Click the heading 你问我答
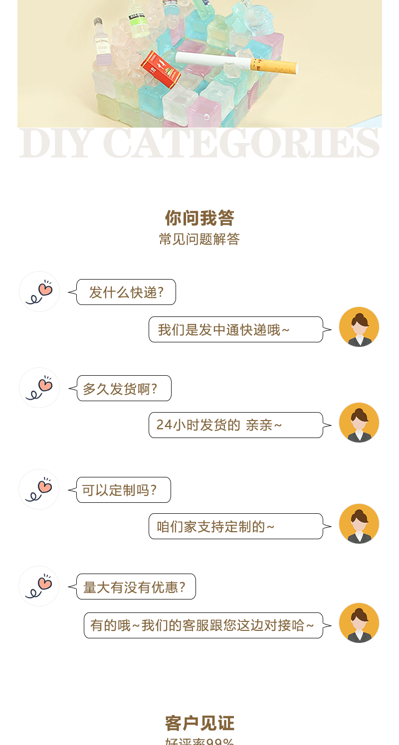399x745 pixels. pyautogui.click(x=199, y=218)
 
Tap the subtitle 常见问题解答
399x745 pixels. pyautogui.click(x=199, y=239)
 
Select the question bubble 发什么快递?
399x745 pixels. pyautogui.click(x=126, y=292)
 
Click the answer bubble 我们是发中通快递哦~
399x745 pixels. pyautogui.click(x=236, y=329)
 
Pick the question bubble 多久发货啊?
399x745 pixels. pyautogui.click(x=124, y=388)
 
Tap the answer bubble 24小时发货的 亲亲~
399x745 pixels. pyautogui.click(x=236, y=425)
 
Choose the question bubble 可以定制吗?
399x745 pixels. pyautogui.click(x=123, y=490)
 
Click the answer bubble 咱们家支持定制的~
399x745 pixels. pyautogui.click(x=236, y=526)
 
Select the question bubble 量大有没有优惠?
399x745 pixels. pyautogui.click(x=136, y=587)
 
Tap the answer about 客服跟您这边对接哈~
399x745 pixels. pyautogui.click(x=203, y=625)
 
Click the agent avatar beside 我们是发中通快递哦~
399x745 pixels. pyautogui.click(x=359, y=327)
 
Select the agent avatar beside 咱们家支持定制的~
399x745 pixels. pyautogui.click(x=359, y=524)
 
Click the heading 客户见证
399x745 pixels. pyautogui.click(x=199, y=723)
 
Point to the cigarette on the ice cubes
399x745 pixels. pyautogui.click(x=234, y=63)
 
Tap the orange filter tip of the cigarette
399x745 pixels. pyautogui.click(x=274, y=66)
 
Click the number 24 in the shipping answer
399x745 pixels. pyautogui.click(x=164, y=425)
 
